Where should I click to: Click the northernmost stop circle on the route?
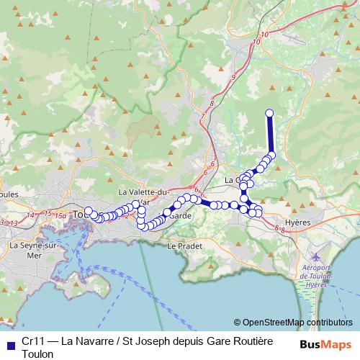point(270,113)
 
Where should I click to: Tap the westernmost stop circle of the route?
point(89,211)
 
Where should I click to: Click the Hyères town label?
point(298,222)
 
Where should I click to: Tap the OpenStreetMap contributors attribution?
point(293,323)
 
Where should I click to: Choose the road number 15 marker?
point(47,214)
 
